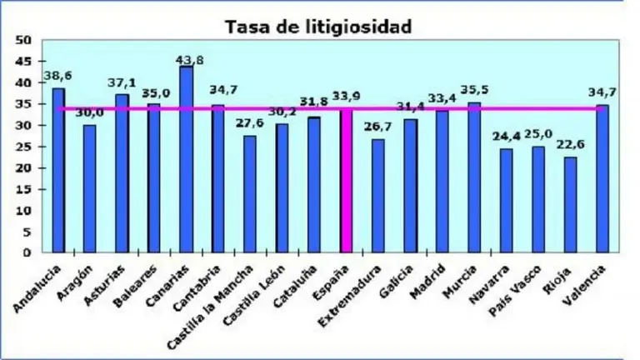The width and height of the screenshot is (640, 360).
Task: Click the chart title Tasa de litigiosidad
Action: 318,27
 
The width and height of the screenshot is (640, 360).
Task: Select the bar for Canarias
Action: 186,158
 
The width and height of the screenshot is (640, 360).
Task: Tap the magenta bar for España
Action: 347,180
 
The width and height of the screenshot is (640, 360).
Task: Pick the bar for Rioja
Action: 571,204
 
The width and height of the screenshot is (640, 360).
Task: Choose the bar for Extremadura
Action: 378,195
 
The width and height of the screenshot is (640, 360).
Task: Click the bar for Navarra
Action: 507,200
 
